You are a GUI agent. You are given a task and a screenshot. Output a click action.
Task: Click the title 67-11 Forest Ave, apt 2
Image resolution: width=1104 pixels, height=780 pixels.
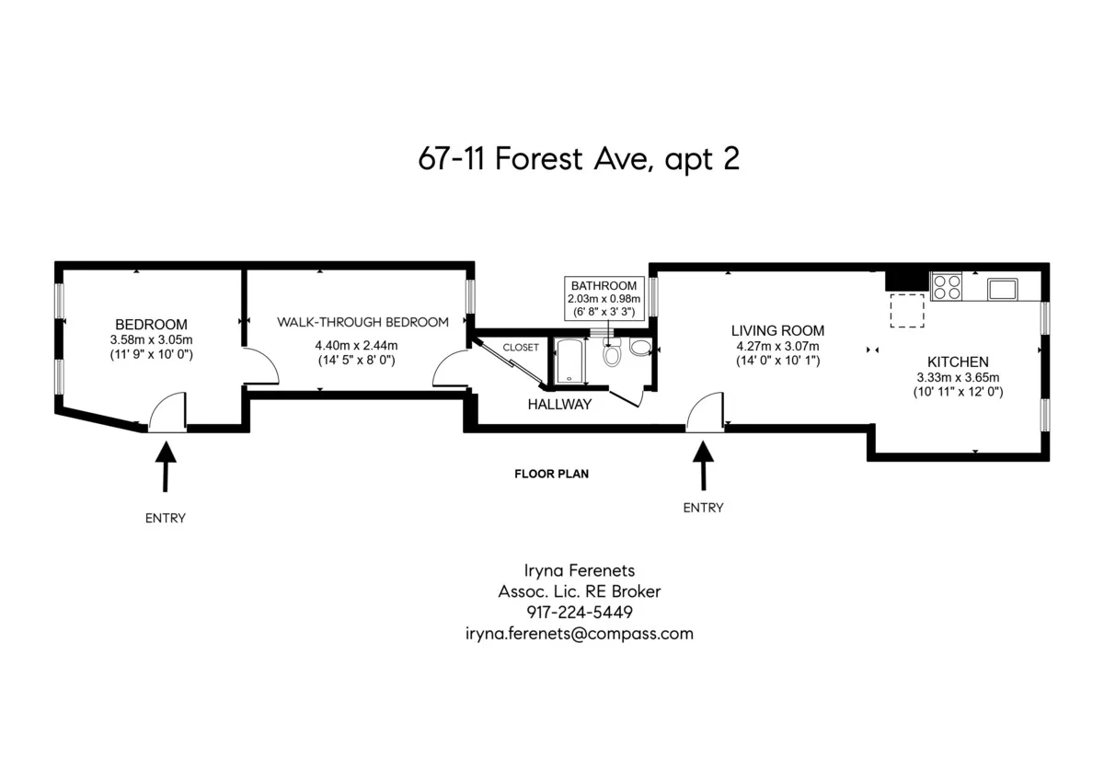tap(579, 159)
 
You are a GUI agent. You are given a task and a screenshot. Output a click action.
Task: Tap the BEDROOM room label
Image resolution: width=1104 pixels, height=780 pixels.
tap(151, 325)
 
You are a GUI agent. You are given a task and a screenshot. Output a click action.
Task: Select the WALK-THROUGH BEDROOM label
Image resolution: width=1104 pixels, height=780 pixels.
tap(363, 322)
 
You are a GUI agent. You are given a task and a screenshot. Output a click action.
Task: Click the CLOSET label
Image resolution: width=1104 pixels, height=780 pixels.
tap(521, 348)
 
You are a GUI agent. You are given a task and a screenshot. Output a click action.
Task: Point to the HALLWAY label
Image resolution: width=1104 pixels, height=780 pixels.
tap(559, 405)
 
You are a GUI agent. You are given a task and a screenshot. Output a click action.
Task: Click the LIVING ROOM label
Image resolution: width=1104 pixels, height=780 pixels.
tap(777, 330)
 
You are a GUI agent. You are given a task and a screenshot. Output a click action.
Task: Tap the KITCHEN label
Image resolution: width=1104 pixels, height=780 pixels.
tap(958, 362)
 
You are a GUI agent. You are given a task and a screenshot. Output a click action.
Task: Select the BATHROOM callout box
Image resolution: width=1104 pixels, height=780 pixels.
tap(603, 298)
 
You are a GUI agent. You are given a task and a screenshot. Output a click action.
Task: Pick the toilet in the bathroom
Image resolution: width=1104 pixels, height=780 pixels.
tap(614, 352)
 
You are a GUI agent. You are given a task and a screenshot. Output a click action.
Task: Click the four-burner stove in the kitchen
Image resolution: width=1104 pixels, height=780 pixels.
tap(947, 287)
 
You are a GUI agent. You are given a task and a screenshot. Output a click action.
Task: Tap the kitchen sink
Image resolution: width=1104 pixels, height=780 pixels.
tap(1003, 288)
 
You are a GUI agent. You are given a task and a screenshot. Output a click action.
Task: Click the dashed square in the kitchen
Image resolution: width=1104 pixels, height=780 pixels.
tap(907, 310)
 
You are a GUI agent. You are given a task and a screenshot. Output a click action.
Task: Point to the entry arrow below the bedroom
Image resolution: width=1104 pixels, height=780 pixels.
tap(166, 465)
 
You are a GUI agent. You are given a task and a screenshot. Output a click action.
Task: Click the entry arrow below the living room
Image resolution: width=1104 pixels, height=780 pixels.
tap(704, 465)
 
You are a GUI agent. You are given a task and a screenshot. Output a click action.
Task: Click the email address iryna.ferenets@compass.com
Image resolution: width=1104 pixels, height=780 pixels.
tap(580, 634)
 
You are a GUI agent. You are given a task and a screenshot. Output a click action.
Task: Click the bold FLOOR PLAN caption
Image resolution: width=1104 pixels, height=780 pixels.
tap(551, 475)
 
